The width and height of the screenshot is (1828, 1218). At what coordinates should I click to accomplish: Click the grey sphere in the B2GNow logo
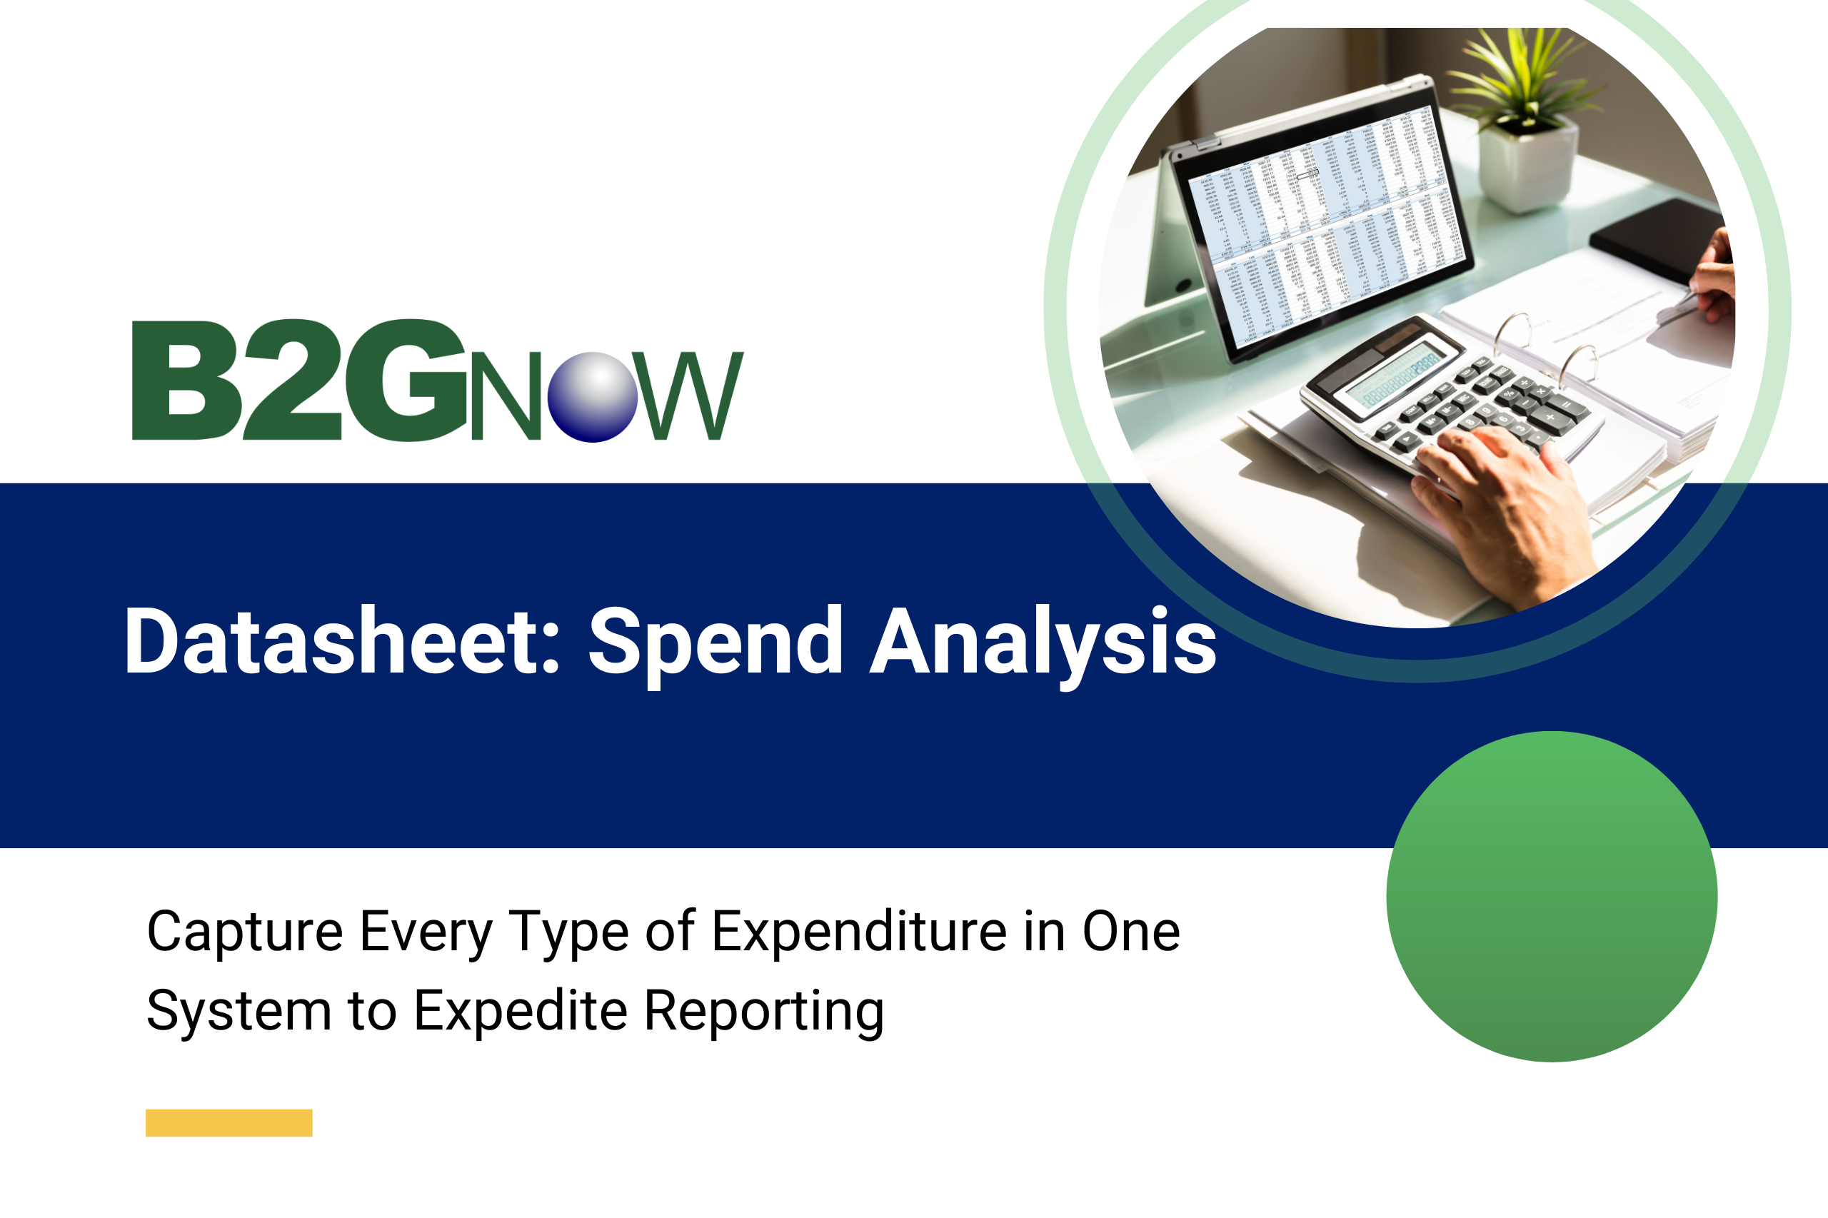[x=592, y=396]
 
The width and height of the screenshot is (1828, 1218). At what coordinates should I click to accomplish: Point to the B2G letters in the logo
[x=299, y=380]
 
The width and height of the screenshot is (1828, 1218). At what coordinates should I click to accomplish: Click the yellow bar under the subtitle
[x=228, y=1122]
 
